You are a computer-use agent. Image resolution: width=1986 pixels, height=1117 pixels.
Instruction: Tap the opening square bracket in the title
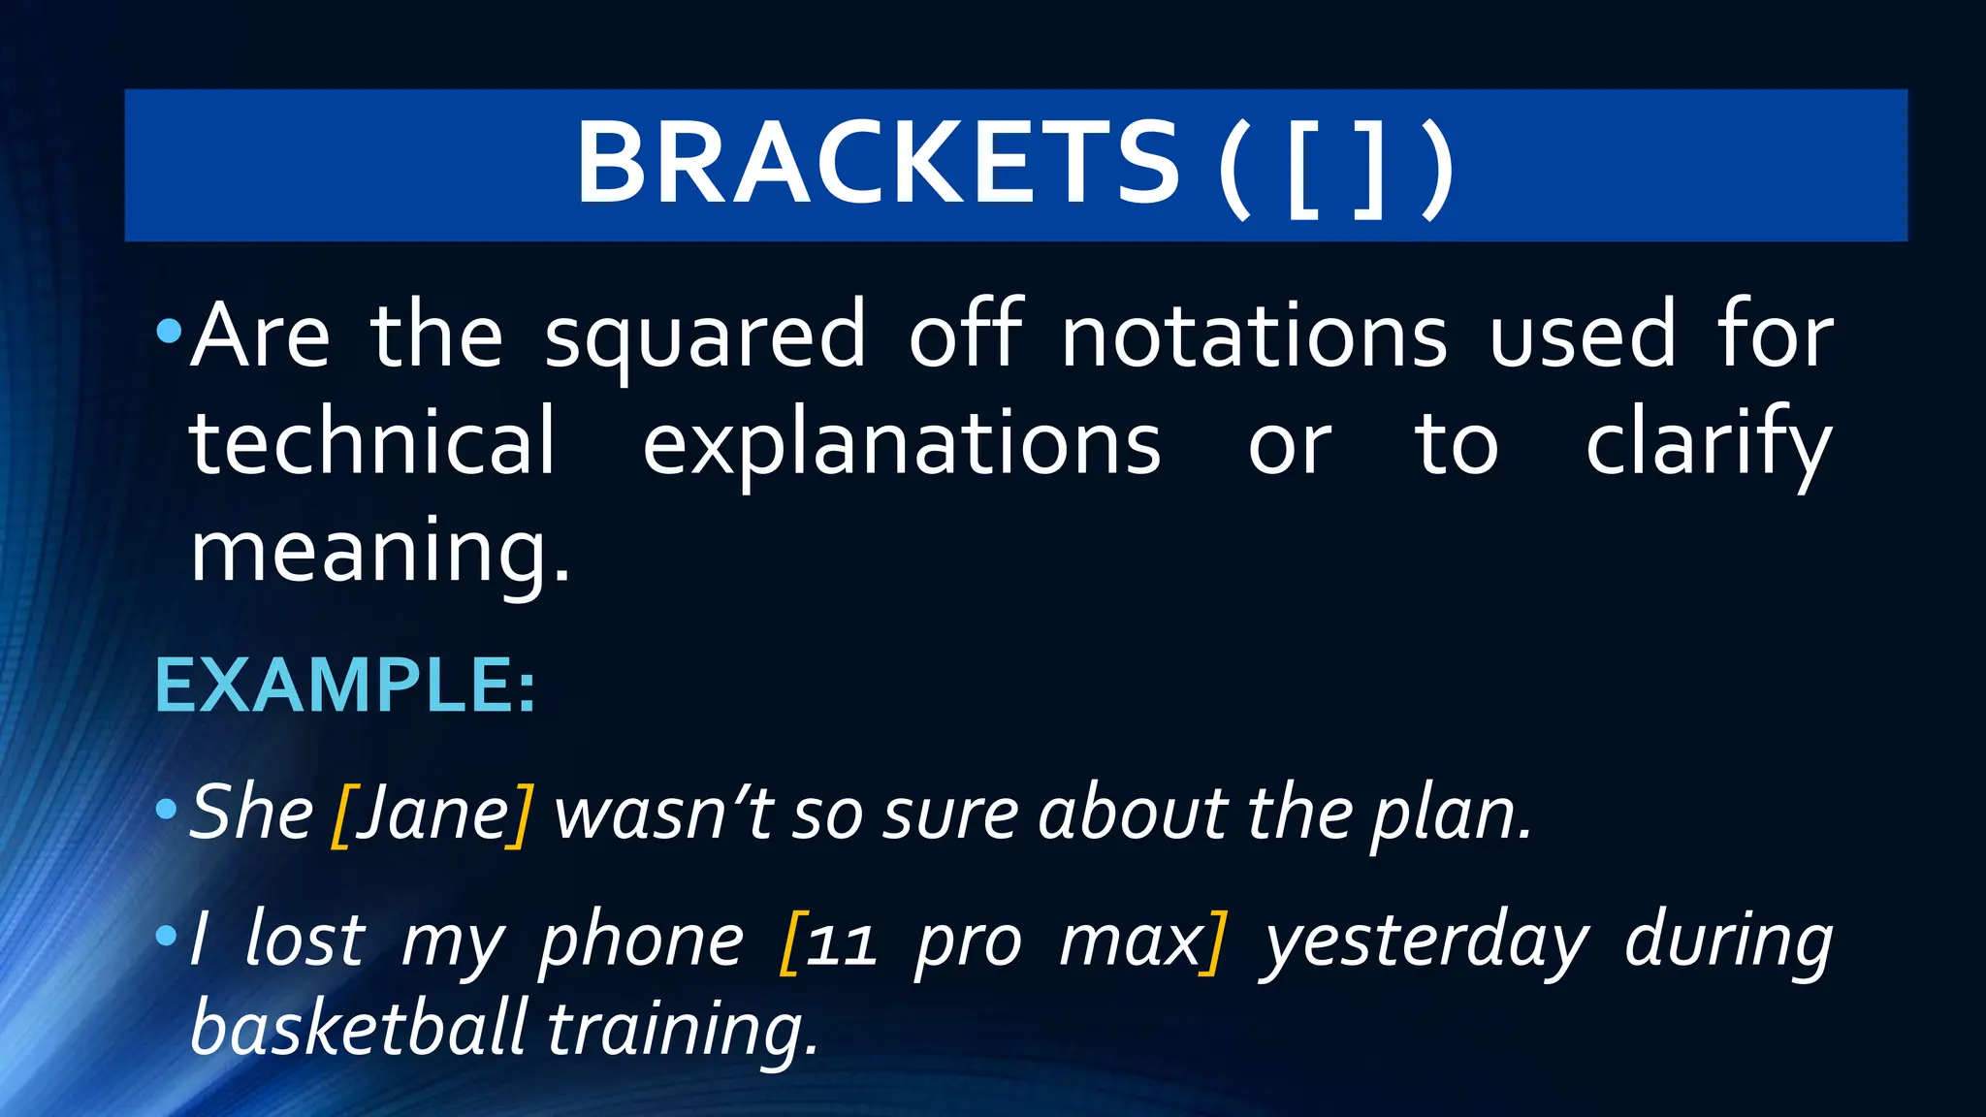click(x=1301, y=167)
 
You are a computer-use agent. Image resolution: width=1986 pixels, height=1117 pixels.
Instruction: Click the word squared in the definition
click(x=705, y=335)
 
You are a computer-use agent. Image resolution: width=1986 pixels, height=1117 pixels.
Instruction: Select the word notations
click(x=1254, y=335)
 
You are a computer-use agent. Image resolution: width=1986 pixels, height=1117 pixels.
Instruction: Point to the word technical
click(x=372, y=442)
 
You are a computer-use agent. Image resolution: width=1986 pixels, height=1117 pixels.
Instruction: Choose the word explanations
click(x=901, y=444)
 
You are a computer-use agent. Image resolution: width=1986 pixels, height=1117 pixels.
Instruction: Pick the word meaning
click(x=379, y=551)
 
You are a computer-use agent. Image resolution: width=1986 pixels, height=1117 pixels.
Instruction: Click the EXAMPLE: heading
click(x=345, y=686)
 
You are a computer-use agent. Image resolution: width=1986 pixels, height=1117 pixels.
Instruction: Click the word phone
click(x=641, y=941)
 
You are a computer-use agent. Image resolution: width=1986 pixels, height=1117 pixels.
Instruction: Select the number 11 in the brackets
click(x=840, y=942)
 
